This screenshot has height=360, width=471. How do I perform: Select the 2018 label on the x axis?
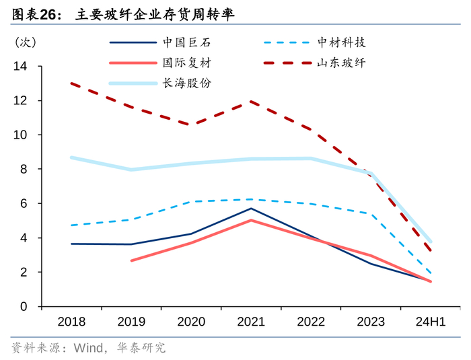click(x=71, y=322)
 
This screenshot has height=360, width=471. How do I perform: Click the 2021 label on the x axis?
click(x=251, y=322)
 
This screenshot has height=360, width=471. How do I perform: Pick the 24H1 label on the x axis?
click(x=431, y=322)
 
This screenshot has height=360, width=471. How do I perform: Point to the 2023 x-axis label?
click(x=371, y=322)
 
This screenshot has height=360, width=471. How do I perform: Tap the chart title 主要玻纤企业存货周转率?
click(x=155, y=13)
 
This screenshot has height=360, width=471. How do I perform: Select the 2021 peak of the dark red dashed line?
click(x=251, y=102)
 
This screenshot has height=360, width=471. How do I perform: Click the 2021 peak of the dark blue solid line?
click(x=251, y=208)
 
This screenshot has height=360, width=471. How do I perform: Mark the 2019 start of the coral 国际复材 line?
click(x=131, y=260)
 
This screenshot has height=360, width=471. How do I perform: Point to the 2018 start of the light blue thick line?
click(x=71, y=157)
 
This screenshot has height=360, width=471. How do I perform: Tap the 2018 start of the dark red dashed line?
click(x=71, y=83)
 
